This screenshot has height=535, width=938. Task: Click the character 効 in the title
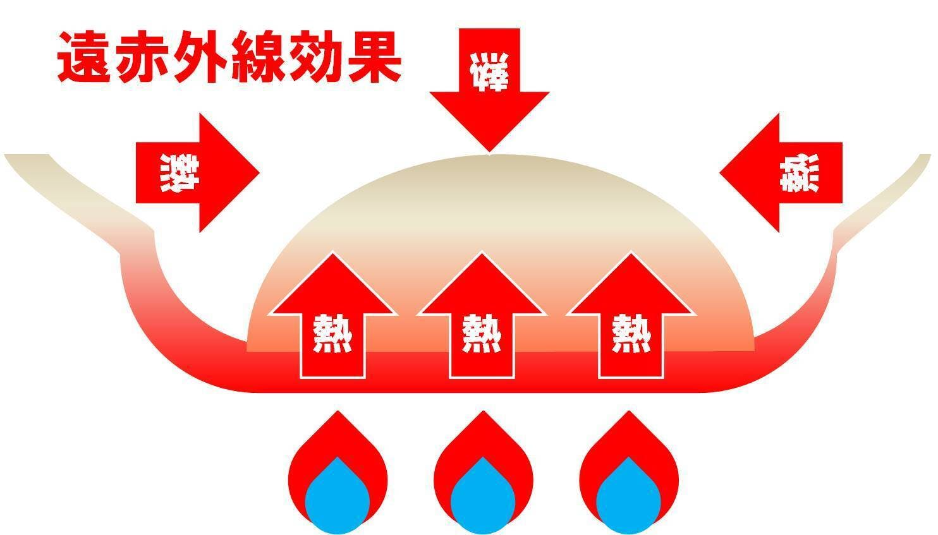[x=315, y=58]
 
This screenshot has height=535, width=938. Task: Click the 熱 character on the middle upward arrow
[x=481, y=334]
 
